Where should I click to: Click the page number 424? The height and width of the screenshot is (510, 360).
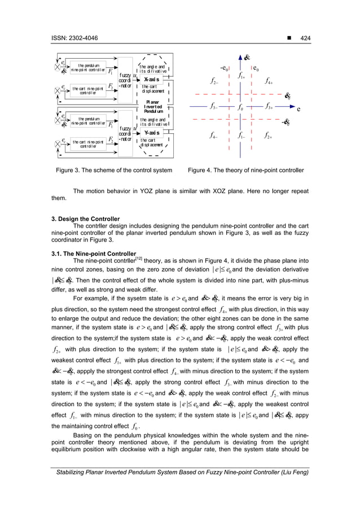pyautogui.click(x=303, y=38)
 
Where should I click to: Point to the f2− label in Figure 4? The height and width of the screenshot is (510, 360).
pyautogui.click(x=214, y=81)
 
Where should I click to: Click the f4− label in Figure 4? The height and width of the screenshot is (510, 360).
pyautogui.click(x=214, y=136)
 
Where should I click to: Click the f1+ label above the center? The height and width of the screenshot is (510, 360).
pyautogui.click(x=242, y=75)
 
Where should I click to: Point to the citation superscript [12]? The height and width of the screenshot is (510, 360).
pyautogui.click(x=138, y=258)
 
